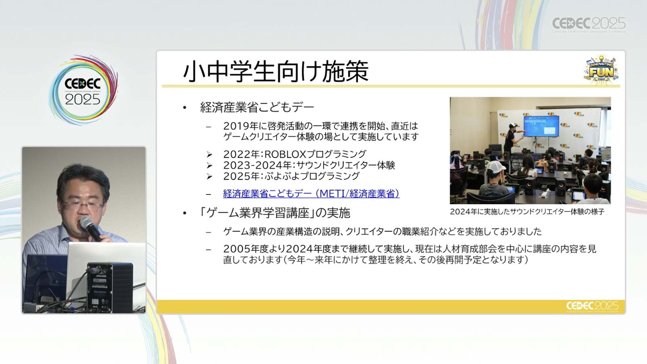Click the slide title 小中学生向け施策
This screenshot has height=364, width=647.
coord(276,71)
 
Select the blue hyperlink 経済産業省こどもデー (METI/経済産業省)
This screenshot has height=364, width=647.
coord(311,194)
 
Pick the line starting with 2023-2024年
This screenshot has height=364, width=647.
coord(309,165)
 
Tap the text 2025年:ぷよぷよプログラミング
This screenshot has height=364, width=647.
coord(291,176)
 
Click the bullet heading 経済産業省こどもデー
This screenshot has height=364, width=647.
coord(257,108)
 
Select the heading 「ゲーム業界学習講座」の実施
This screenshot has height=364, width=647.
coord(275,213)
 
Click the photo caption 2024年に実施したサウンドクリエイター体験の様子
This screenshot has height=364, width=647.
coord(527,212)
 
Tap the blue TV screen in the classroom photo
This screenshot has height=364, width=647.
coord(541,126)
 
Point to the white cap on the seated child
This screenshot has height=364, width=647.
coord(496,167)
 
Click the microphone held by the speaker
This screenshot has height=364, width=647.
coord(91,228)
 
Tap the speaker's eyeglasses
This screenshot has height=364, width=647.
coord(82,206)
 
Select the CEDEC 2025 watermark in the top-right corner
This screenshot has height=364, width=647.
coord(589,24)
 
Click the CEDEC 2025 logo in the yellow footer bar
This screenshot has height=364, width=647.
coord(592,306)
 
